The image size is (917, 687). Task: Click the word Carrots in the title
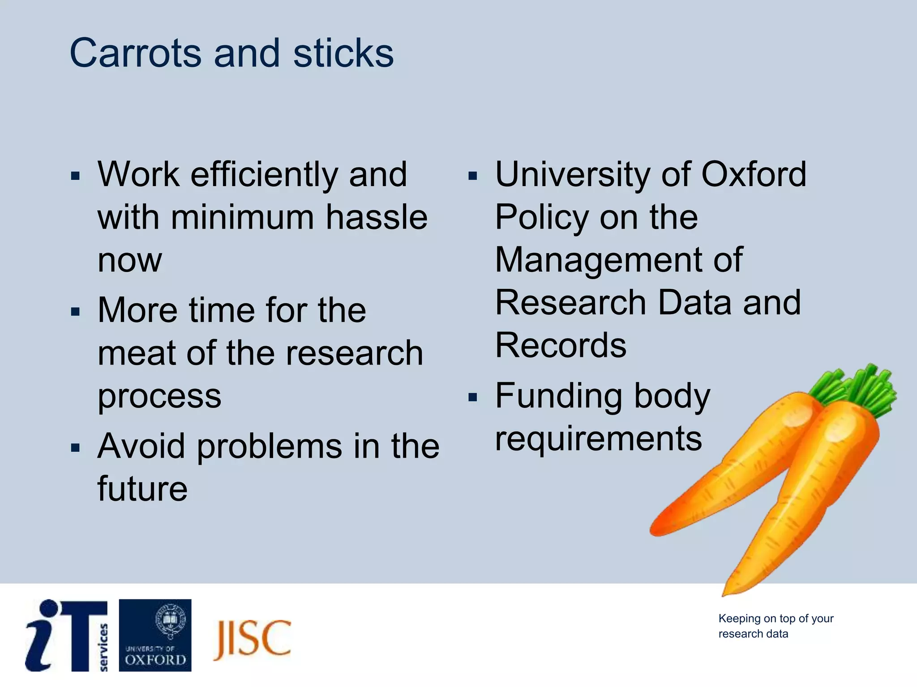click(x=135, y=54)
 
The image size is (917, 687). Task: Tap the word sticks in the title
click(x=343, y=54)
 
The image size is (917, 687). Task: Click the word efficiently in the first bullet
click(x=264, y=175)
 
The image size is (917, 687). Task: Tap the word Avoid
click(x=141, y=446)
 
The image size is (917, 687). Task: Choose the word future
click(x=142, y=489)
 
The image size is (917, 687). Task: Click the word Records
click(x=561, y=346)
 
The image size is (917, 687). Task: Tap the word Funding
click(x=558, y=396)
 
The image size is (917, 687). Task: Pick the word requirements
click(x=598, y=439)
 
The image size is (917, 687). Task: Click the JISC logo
click(x=252, y=639)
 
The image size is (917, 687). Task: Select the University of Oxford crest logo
click(x=155, y=635)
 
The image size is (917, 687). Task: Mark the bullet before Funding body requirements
click(x=473, y=397)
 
